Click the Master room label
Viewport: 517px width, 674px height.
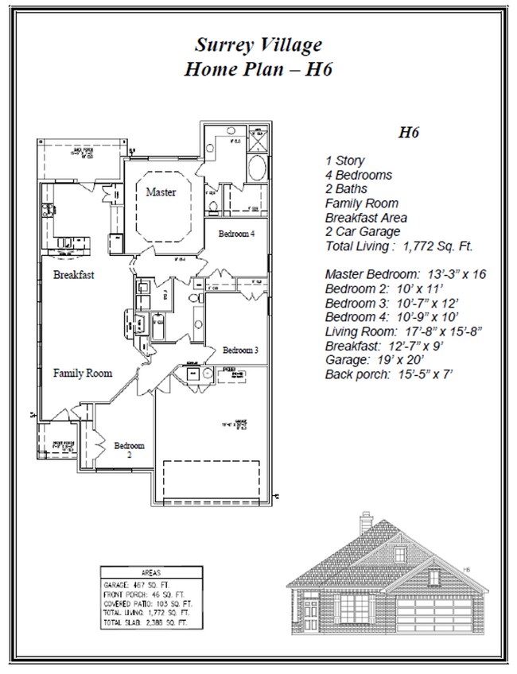coord(161,192)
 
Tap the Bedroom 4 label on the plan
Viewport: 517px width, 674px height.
coord(236,234)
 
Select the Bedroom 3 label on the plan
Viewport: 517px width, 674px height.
coord(239,350)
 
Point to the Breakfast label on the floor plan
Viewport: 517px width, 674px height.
coord(74,275)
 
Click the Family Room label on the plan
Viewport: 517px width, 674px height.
coord(83,373)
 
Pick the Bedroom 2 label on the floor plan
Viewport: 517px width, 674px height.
coord(129,451)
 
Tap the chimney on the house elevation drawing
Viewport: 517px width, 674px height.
coord(365,523)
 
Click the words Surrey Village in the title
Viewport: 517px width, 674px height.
coord(258,45)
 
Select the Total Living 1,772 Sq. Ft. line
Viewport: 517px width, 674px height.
coord(392,246)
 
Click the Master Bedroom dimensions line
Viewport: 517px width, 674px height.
coord(405,274)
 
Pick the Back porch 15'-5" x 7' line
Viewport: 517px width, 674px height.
coord(389,374)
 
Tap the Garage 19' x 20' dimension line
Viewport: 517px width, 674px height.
coord(366,360)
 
